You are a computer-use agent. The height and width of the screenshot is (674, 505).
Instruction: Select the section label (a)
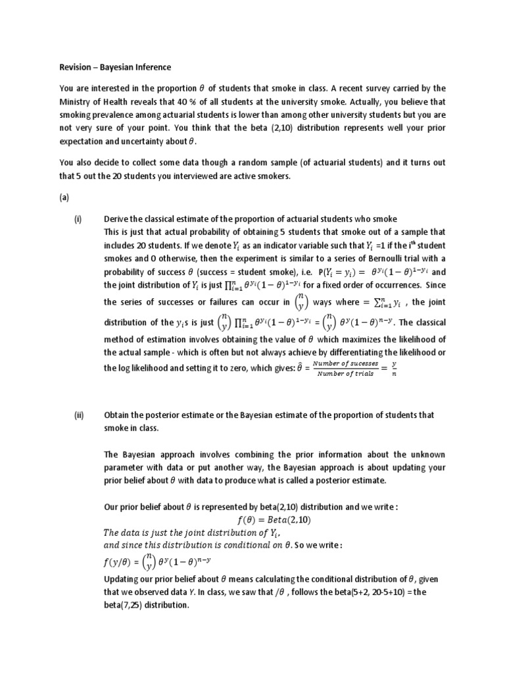point(64,197)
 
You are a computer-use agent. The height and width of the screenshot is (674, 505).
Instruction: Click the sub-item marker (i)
point(78,219)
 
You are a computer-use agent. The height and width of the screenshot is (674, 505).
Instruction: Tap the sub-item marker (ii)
point(79,415)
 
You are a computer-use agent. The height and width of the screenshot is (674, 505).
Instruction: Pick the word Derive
point(117,219)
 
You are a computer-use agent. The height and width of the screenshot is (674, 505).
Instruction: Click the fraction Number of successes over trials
point(345,368)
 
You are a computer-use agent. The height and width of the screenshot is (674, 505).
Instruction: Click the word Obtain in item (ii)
point(118,415)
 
